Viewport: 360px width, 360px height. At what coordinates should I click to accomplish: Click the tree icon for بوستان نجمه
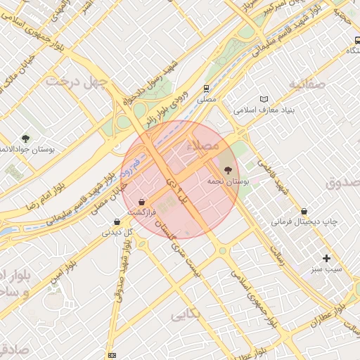(x=227, y=169)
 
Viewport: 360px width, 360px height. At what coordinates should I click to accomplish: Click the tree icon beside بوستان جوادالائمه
(x=26, y=139)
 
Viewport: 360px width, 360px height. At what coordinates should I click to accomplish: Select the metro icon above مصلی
(x=206, y=89)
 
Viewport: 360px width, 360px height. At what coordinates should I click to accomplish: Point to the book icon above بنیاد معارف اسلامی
(x=264, y=99)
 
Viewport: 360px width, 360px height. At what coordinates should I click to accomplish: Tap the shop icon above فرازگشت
(x=143, y=201)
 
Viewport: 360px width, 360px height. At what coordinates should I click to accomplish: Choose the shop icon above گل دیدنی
(x=117, y=221)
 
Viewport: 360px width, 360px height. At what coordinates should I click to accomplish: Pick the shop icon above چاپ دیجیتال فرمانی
(x=304, y=210)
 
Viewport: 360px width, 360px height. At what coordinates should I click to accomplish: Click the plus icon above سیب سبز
(x=326, y=258)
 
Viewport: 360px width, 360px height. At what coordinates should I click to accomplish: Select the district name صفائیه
(x=307, y=85)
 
